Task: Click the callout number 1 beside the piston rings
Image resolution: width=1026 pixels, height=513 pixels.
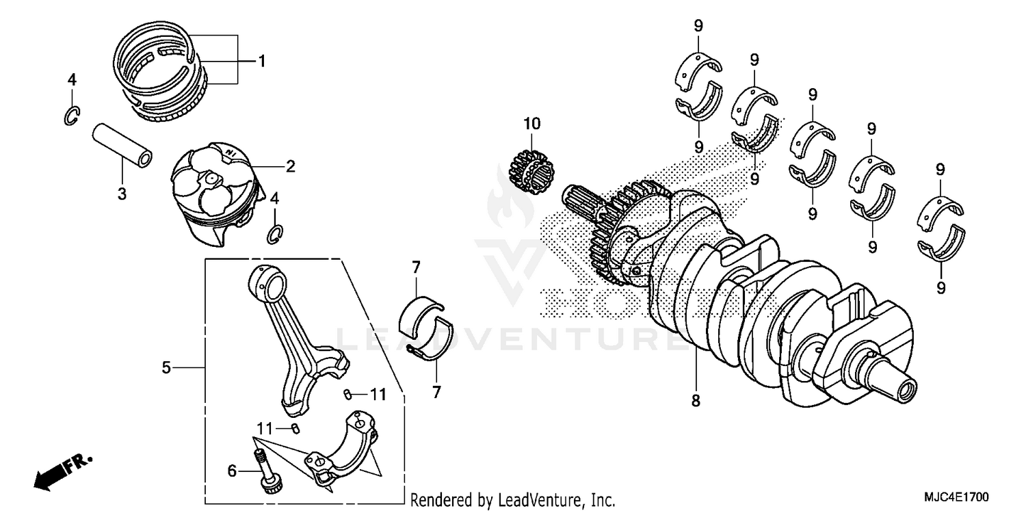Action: pyautogui.click(x=261, y=62)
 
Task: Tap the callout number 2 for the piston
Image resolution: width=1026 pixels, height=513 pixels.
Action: pyautogui.click(x=291, y=166)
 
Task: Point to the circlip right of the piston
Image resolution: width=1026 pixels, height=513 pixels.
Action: pyautogui.click(x=275, y=234)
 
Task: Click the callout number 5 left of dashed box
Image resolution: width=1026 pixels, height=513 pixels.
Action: pyautogui.click(x=166, y=368)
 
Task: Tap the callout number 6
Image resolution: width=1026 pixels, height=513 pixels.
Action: pyautogui.click(x=232, y=471)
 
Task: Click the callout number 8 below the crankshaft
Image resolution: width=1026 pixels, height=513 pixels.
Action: pyautogui.click(x=696, y=402)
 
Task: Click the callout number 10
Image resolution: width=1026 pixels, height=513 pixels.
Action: pyautogui.click(x=531, y=124)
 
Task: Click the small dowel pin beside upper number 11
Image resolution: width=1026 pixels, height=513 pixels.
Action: pyautogui.click(x=347, y=394)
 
